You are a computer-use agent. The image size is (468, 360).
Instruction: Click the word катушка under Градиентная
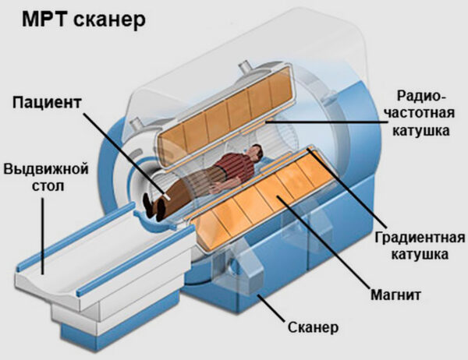tap(419, 255)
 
